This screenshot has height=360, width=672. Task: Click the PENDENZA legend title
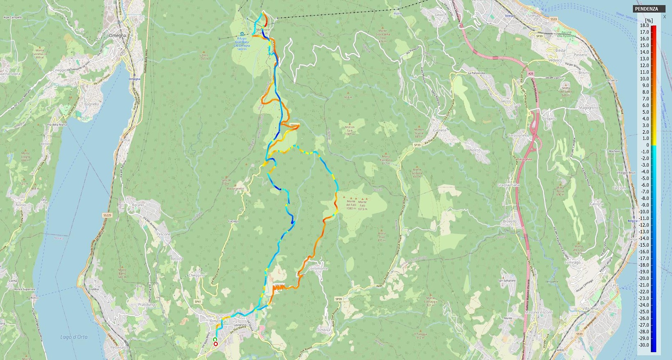tap(647, 9)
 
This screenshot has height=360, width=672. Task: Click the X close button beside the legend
tap(665, 17)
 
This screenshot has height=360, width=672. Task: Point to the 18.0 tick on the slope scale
tap(644, 25)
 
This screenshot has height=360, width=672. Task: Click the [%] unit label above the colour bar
tap(649, 20)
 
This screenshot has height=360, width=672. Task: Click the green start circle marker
tap(215, 339)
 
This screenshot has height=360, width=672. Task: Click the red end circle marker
tap(216, 344)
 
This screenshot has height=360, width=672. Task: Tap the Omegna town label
tap(117, 36)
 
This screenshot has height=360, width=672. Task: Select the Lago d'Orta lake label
tap(74, 337)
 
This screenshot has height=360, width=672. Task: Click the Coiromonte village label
tap(318, 268)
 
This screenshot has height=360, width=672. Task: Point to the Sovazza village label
tap(324, 329)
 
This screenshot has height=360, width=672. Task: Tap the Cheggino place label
tap(196, 275)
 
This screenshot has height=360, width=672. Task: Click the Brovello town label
tap(510, 221)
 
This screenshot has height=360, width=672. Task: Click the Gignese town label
tap(439, 130)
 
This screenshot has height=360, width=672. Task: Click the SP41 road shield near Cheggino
tap(198, 302)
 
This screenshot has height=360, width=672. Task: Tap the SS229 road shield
tap(107, 215)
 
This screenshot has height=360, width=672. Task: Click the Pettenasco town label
tap(120, 347)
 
